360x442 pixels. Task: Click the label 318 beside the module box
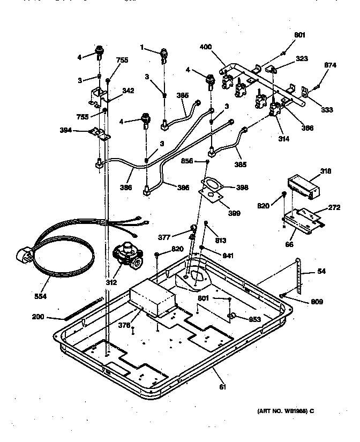325,171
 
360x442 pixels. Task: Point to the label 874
331,66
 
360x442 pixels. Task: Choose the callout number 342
127,91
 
